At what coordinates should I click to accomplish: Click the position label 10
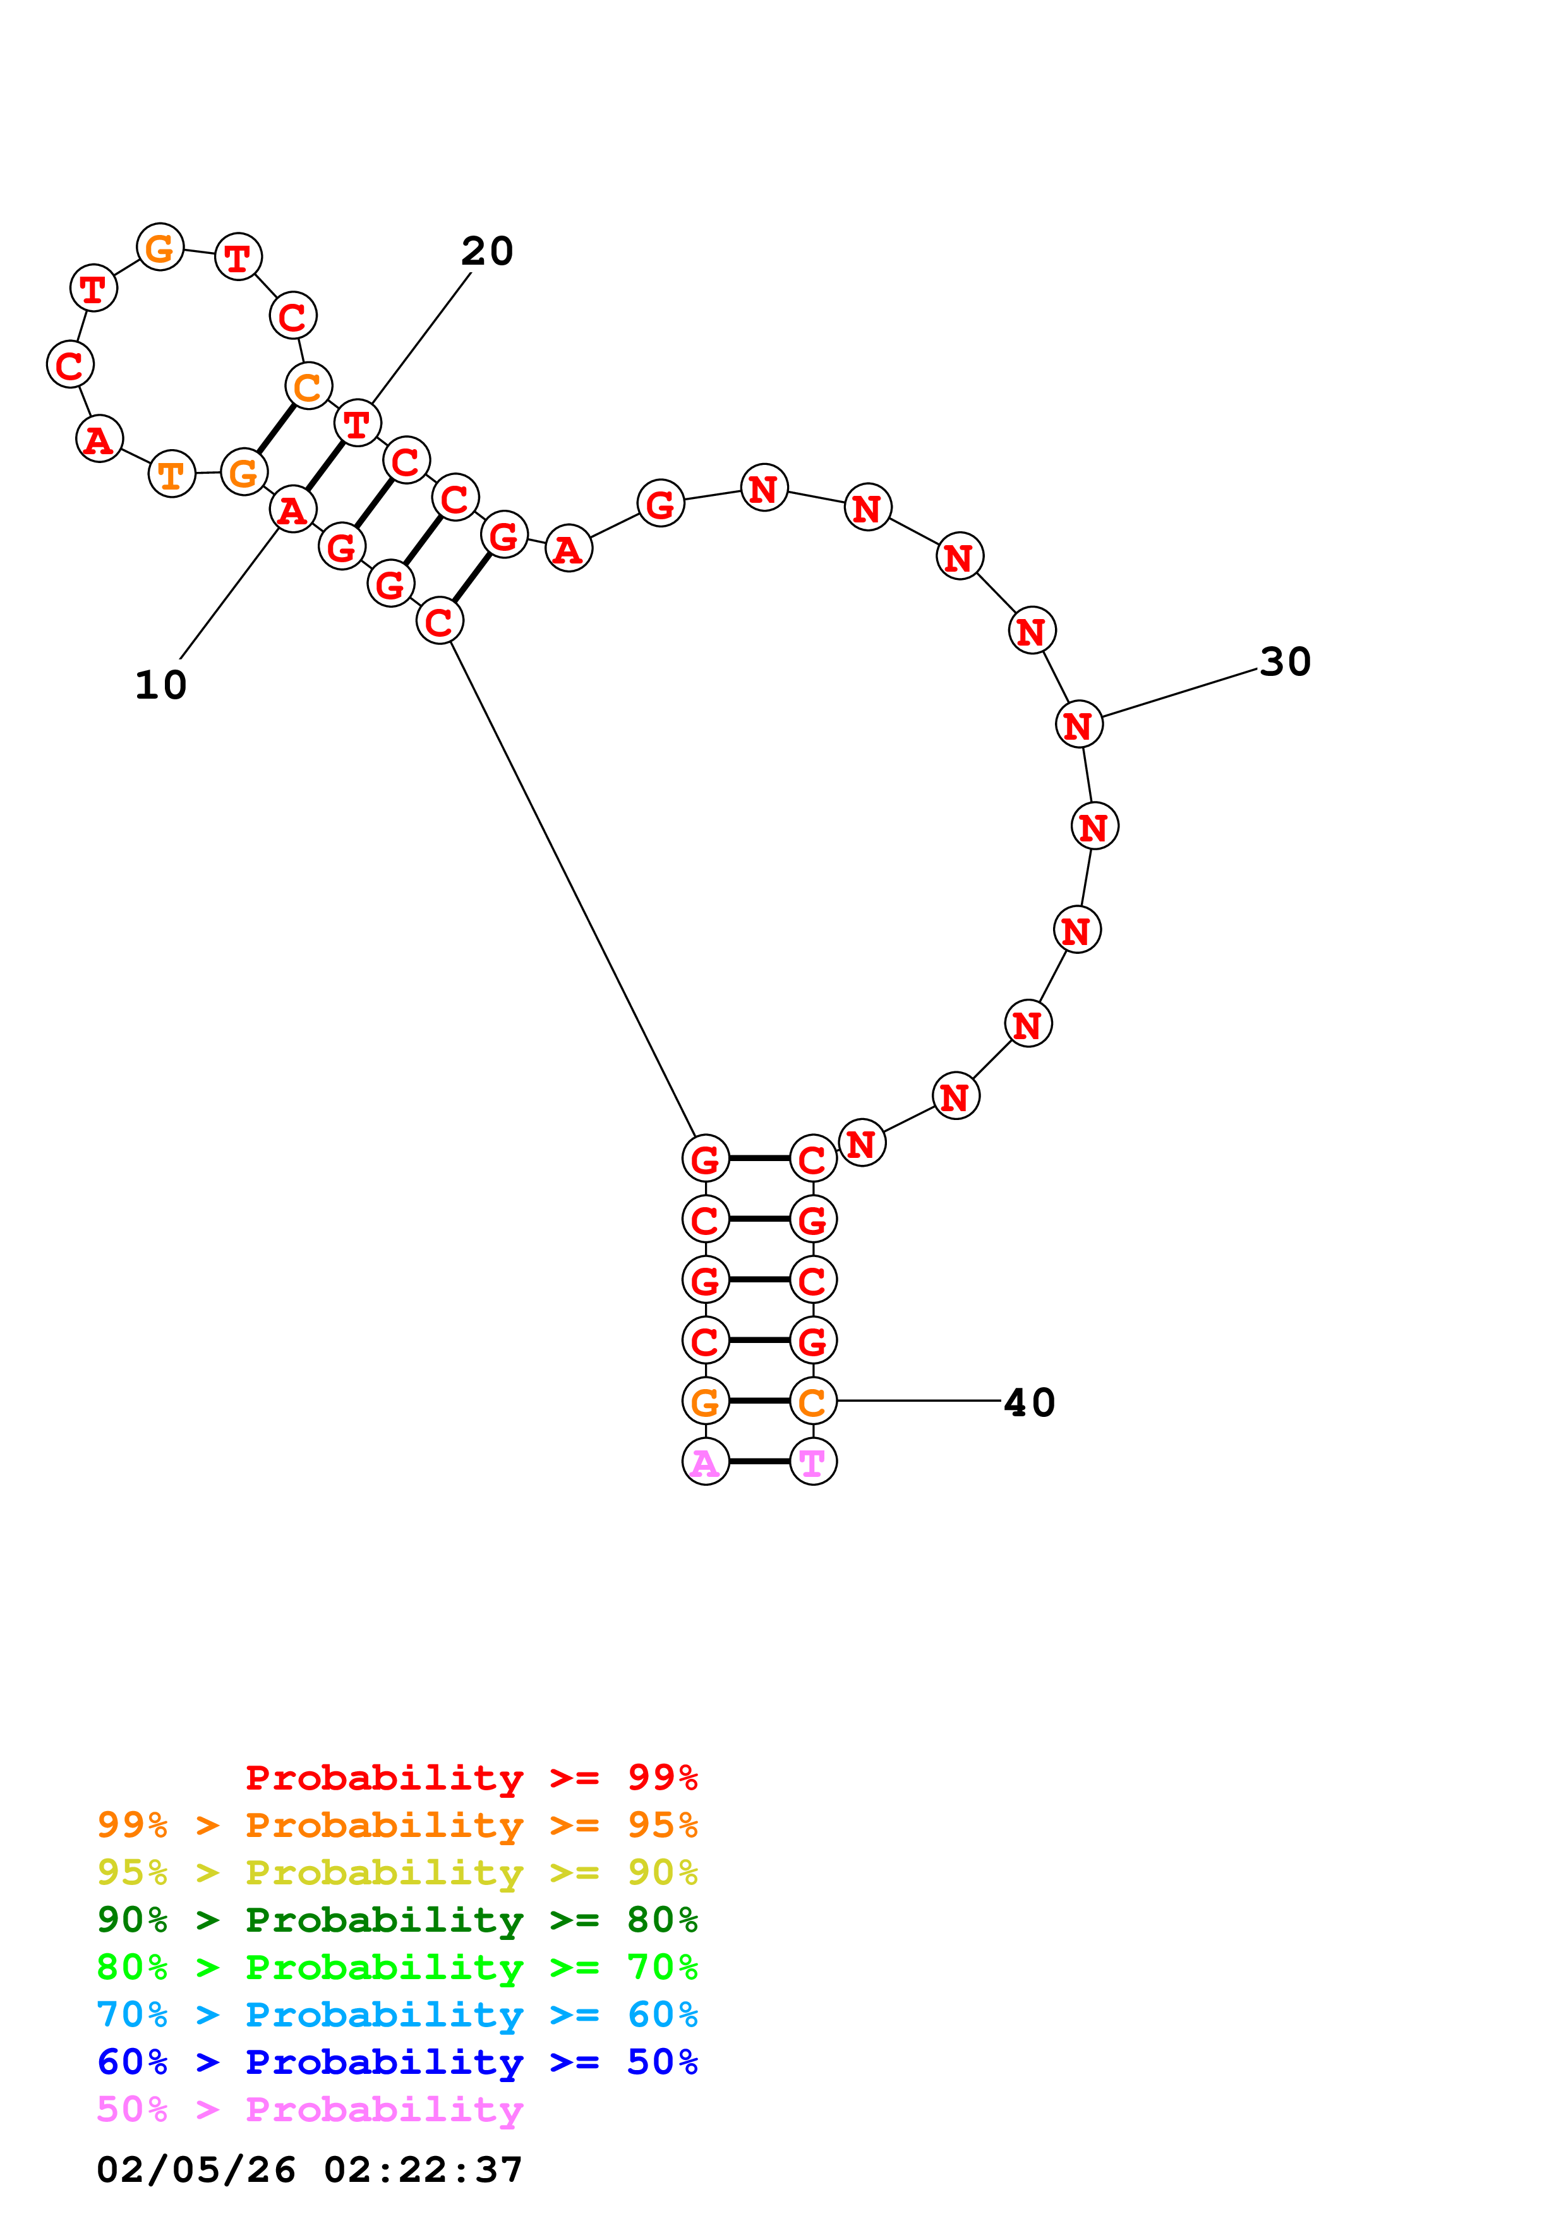(160, 685)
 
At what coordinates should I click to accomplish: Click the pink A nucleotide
(706, 1462)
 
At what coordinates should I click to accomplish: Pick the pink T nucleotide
(812, 1462)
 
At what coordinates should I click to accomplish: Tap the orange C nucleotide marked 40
(812, 1401)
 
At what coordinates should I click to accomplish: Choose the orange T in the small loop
(172, 474)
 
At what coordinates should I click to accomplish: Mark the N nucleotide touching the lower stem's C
(862, 1144)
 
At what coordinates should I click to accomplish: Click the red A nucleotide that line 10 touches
(292, 510)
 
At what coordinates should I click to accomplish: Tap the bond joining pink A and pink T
(759, 1462)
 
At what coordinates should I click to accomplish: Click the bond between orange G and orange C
(759, 1400)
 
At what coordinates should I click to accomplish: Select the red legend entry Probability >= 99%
(471, 1778)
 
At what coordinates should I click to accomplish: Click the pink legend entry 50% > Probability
(310, 2110)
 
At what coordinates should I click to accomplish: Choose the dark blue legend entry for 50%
(397, 2062)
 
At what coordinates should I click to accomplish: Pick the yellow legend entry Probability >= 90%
(397, 1872)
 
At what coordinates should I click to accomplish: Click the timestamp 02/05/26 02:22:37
(310, 2171)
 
